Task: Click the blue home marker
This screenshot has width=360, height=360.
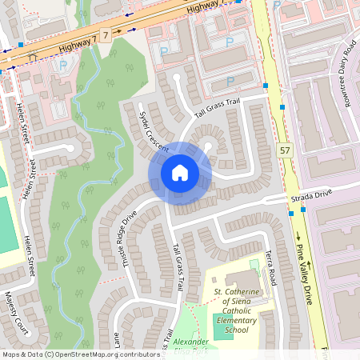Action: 179,173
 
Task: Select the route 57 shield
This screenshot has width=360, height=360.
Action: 286,150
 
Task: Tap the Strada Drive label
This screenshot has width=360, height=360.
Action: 311,194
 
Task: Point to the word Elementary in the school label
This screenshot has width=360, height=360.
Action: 235,320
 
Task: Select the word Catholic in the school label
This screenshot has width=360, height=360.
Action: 235,311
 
